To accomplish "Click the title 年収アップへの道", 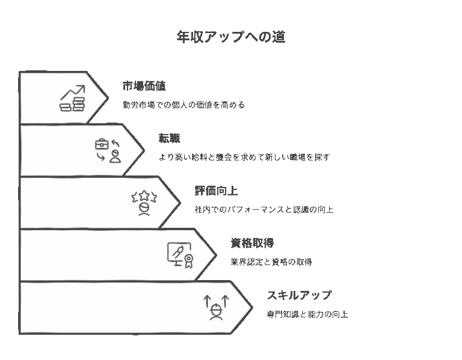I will pos(230,37).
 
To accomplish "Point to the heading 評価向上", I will pos(216,191).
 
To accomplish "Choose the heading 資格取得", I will pos(252,243).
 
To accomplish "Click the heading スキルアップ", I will pos(299,296).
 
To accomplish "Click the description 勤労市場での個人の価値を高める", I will pos(183,105).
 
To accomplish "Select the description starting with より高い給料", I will pos(244,157).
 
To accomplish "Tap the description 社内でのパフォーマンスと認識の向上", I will pos(264,210).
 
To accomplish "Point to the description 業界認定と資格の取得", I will pos(271,262).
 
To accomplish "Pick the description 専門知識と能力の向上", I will pos(307,314).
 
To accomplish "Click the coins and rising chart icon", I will pos(72,99).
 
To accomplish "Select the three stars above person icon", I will pos(144,203).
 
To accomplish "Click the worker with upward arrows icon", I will pos(216,307).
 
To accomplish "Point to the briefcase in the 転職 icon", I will pos(102,144).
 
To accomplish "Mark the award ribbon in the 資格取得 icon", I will pos(188,260).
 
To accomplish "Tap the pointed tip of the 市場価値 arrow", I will pos(108,97).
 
